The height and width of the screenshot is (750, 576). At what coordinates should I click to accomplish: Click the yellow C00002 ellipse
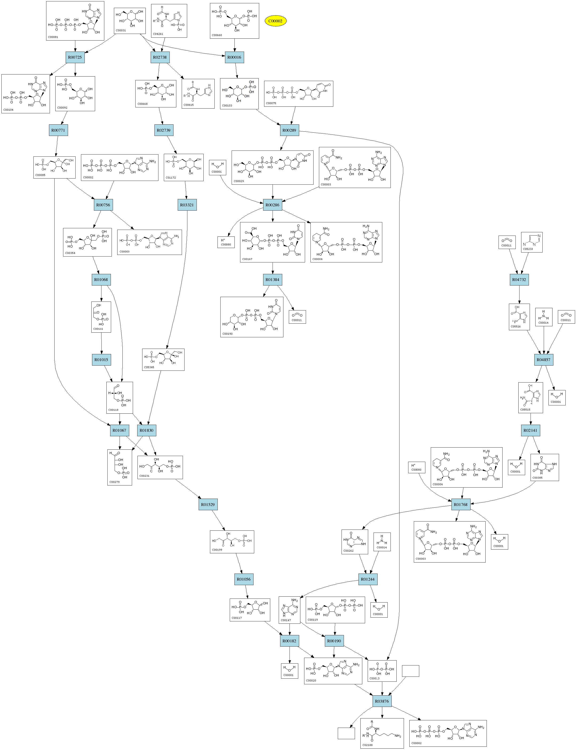(x=275, y=21)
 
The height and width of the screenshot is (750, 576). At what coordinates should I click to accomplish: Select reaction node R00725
(x=75, y=57)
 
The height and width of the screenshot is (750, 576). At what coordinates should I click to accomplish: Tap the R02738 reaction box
(x=160, y=57)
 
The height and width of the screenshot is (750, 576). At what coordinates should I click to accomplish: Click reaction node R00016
(x=234, y=57)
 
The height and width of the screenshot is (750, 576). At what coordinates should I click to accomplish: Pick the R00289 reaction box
(x=289, y=130)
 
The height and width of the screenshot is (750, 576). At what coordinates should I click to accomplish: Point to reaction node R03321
(x=187, y=205)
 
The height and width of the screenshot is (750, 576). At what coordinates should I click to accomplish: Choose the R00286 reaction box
(x=273, y=205)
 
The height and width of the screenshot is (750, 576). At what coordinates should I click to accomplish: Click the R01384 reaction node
(x=273, y=280)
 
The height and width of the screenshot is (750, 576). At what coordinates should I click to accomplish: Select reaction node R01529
(x=208, y=504)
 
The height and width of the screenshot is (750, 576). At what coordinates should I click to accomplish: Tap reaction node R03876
(x=382, y=701)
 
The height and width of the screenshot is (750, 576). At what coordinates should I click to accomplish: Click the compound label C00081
(x=53, y=37)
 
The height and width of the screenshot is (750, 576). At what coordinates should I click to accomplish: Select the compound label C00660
(x=217, y=35)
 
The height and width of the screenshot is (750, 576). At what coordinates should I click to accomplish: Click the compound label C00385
(x=537, y=478)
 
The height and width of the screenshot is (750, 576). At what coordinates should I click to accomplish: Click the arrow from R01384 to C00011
(x=286, y=297)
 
